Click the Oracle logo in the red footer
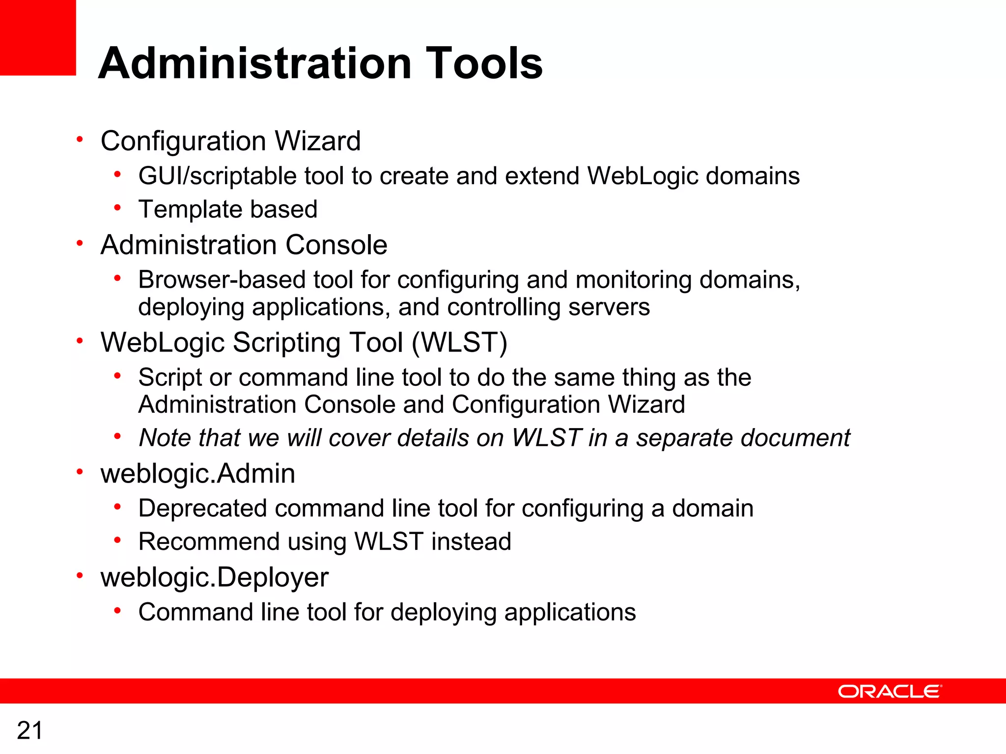pos(890,691)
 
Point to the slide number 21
pos(29,730)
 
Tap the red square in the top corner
pos(38,37)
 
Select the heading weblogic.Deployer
pos(214,577)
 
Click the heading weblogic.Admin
pos(197,474)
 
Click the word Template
pos(191,210)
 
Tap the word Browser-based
pos(222,280)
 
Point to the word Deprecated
pos(202,509)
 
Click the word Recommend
pos(209,542)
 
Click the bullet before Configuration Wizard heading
pos(80,139)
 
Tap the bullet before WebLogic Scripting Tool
pos(80,340)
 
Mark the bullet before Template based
pos(117,208)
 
